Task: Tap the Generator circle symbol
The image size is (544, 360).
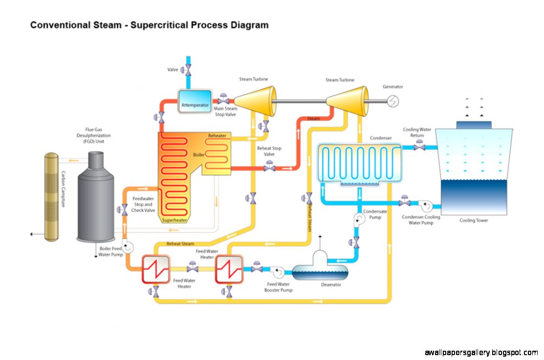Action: point(393,101)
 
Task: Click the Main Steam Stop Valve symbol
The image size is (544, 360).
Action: point(223,100)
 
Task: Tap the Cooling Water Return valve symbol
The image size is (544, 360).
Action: point(419,146)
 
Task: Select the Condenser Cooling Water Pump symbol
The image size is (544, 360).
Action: point(425,203)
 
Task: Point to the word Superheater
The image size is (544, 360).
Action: point(175,221)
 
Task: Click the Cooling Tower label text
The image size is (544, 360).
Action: point(474,221)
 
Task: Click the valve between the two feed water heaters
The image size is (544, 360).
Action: point(193,268)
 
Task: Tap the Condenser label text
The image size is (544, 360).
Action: point(380,138)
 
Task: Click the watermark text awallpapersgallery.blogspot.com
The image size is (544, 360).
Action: point(481,352)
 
